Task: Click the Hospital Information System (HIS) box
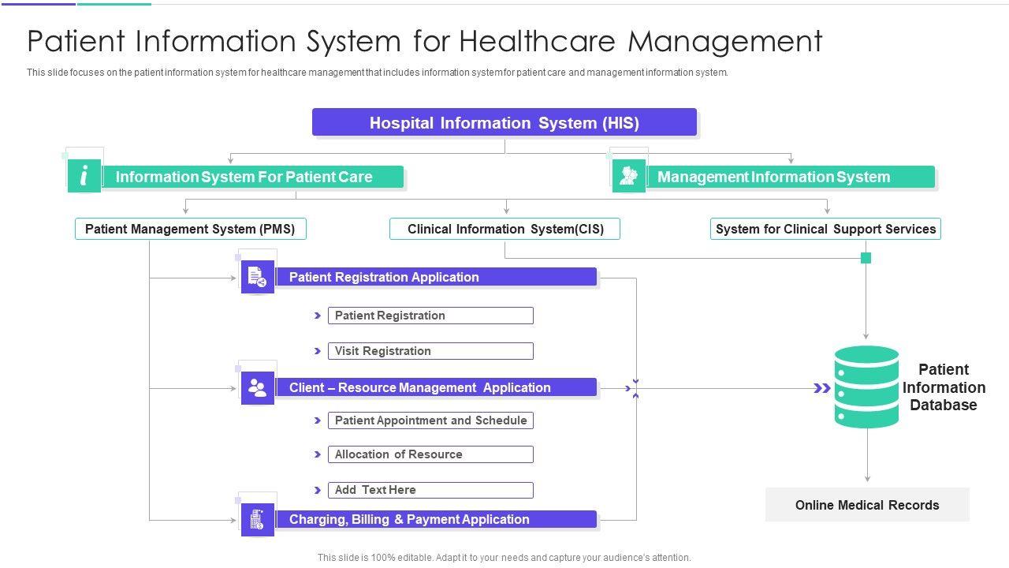coord(504,123)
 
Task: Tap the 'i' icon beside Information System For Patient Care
coord(84,176)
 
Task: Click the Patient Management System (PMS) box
coord(190,229)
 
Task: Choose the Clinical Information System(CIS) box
coord(505,229)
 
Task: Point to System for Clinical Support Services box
coord(825,229)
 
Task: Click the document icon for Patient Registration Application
coord(257,277)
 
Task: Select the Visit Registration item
coord(430,351)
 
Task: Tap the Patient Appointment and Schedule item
coord(430,420)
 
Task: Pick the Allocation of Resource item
coord(430,454)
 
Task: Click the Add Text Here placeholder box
coord(430,490)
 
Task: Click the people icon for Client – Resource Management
coord(257,388)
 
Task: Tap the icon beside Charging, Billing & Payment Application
coord(257,520)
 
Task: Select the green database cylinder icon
coord(866,387)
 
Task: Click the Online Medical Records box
coord(867,505)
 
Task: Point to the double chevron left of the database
coord(822,388)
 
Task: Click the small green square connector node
coord(866,258)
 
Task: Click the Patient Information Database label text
coord(944,387)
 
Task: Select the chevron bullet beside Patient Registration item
coord(318,316)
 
